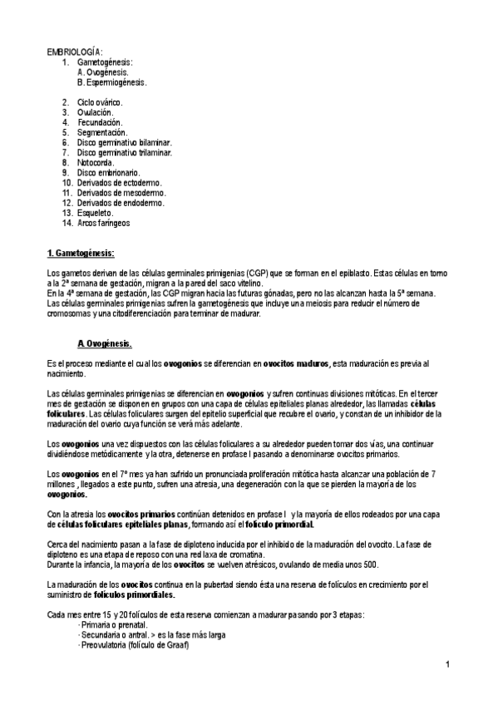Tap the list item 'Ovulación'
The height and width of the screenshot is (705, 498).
[96, 112]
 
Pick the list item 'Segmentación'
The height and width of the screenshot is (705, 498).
[102, 132]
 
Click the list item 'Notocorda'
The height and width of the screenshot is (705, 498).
[96, 163]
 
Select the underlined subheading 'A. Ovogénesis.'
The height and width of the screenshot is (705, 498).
[104, 343]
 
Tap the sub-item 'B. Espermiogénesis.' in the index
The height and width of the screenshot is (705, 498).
[111, 82]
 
